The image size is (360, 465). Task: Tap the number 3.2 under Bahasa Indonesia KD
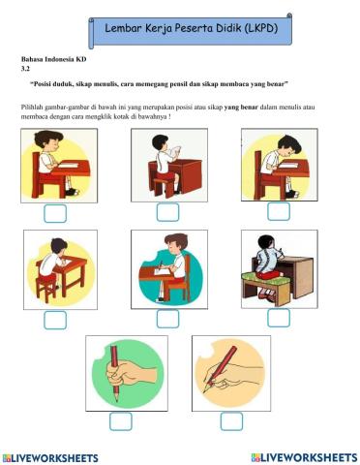pos(25,69)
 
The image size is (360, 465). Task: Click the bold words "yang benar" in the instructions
pos(241,107)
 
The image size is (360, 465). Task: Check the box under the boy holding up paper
pos(167,212)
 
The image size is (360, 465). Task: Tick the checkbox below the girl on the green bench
pos(279,318)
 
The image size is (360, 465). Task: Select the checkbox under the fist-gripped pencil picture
pos(121,421)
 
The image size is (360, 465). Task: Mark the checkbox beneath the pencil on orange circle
pos(231,421)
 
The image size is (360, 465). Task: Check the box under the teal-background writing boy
pos(167,319)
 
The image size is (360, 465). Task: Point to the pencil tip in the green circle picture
pos(117,400)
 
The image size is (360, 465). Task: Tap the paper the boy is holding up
pos(174,150)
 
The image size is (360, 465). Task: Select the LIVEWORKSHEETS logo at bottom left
pos(50,458)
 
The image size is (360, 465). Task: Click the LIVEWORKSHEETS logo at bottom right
pos(305,457)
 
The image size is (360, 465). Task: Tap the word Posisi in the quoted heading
pos(40,84)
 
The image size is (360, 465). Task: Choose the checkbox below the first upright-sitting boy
pos(55,213)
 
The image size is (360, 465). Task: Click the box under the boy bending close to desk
pos(279,211)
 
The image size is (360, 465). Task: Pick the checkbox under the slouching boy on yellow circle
pos(55,320)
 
